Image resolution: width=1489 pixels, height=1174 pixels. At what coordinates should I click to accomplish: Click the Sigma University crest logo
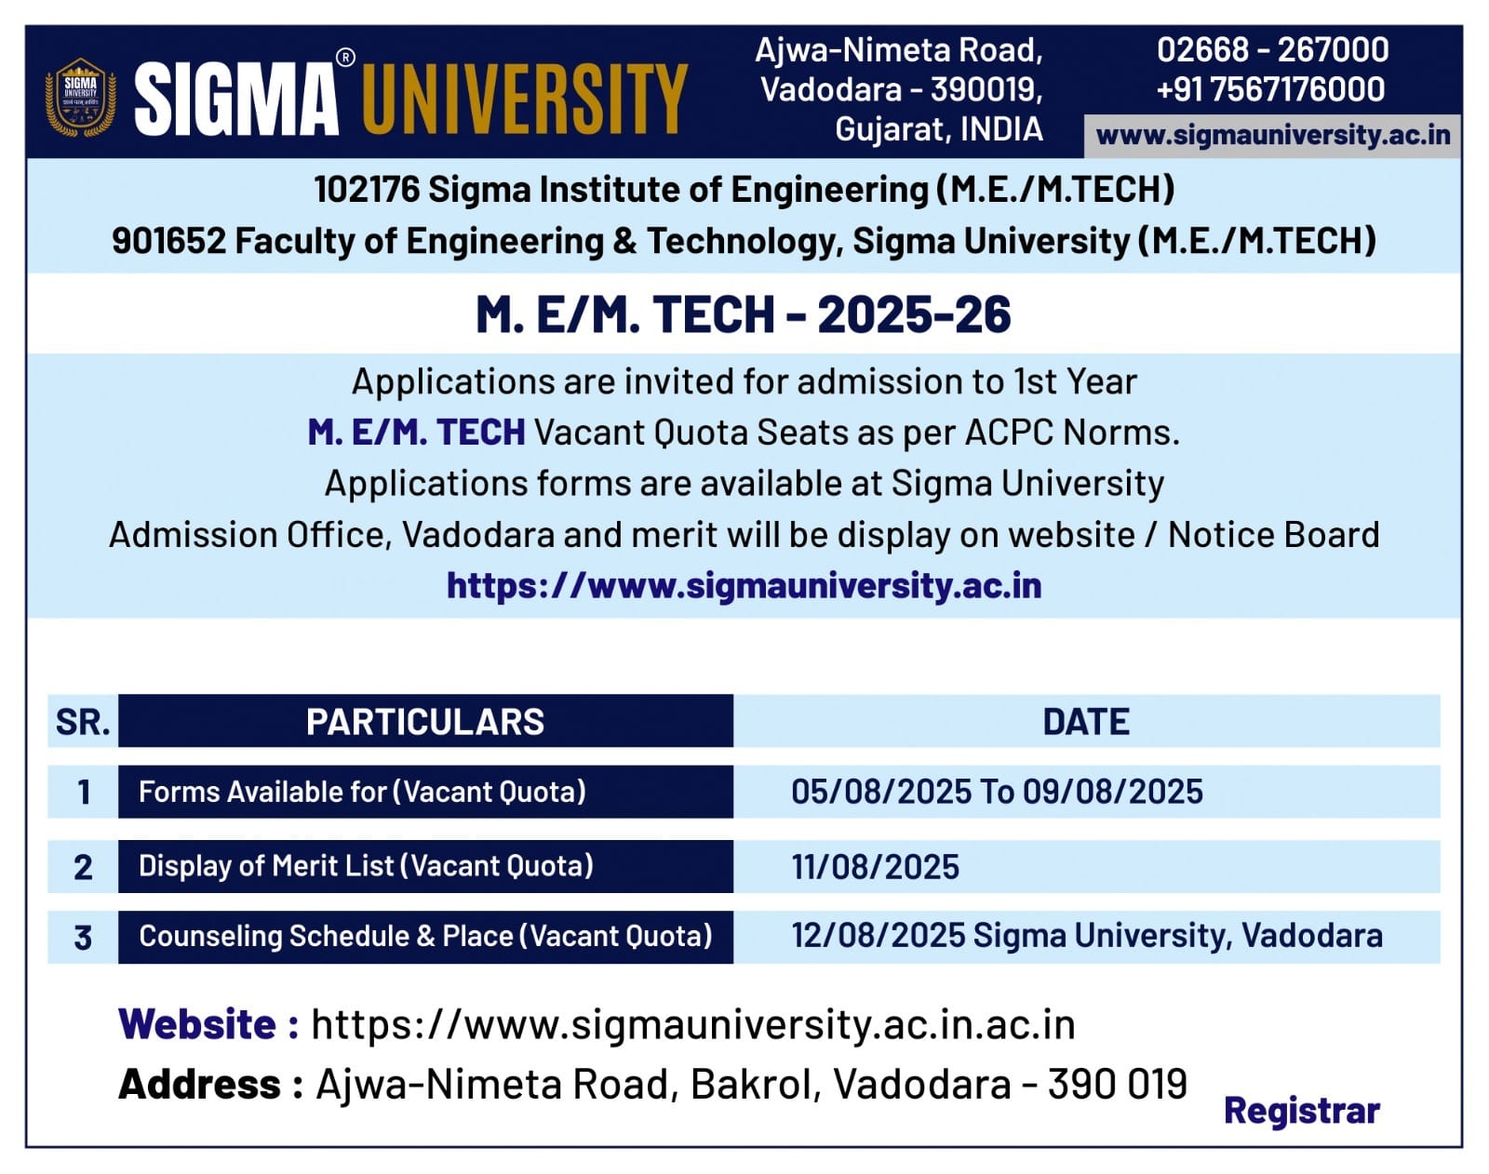click(x=80, y=98)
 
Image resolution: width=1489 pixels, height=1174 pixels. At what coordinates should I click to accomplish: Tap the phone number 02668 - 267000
click(x=1272, y=50)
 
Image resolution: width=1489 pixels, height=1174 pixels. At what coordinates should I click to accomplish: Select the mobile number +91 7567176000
click(x=1270, y=89)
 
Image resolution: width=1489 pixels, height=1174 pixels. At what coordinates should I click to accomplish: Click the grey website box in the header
click(x=1272, y=136)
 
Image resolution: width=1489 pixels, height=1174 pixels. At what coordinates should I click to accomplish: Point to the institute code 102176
click(x=367, y=189)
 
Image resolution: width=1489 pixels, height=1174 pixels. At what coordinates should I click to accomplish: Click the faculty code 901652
click(x=168, y=241)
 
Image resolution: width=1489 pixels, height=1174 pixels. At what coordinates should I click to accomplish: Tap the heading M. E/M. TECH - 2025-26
click(x=744, y=314)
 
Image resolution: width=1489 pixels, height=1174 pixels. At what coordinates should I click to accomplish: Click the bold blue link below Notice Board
click(x=744, y=585)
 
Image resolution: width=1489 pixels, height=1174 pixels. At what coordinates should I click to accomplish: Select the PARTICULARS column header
click(x=425, y=721)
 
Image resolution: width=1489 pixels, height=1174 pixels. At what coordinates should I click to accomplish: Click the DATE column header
click(x=1086, y=721)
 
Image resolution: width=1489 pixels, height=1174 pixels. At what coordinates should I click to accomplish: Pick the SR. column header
click(x=83, y=721)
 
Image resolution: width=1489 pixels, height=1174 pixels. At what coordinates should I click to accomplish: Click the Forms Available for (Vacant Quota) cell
click(x=425, y=792)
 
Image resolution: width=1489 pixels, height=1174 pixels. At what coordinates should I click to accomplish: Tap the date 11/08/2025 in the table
click(x=876, y=867)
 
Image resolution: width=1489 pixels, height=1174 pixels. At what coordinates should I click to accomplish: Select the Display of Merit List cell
click(x=425, y=866)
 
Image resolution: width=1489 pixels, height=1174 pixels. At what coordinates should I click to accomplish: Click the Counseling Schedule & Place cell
click(x=425, y=937)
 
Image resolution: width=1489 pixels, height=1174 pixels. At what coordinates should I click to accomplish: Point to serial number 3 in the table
click(x=83, y=938)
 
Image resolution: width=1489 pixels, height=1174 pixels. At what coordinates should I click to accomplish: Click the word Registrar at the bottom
click(x=1302, y=1112)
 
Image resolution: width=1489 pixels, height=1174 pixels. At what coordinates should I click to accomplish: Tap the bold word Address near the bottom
click(x=200, y=1084)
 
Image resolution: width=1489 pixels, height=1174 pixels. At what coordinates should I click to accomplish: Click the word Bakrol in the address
click(x=756, y=1084)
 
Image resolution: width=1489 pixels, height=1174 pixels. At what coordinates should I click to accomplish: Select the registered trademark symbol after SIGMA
click(x=345, y=58)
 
